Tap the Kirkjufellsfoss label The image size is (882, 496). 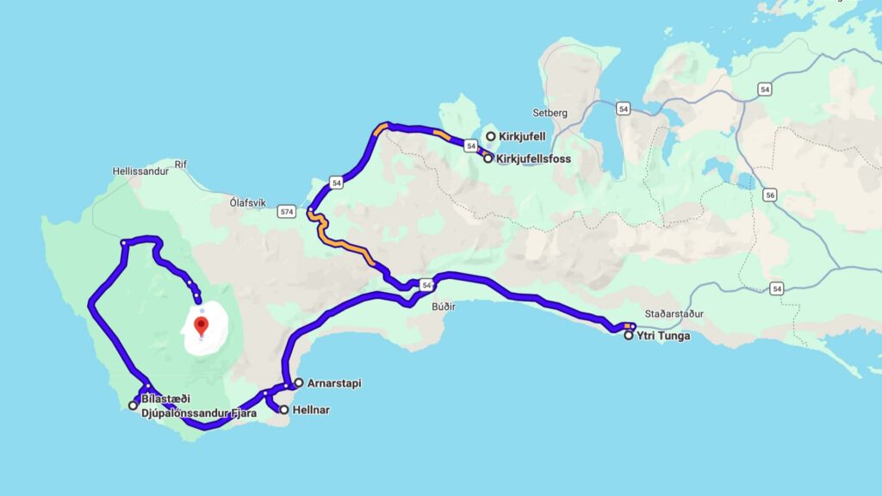(535, 159)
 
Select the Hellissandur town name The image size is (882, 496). (137, 171)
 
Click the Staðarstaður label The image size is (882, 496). (674, 314)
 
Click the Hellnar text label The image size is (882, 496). (311, 411)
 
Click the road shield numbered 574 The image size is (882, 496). (287, 211)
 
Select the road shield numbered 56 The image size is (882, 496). (769, 195)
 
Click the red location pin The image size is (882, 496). (202, 325)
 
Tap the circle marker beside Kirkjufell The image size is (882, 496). (491, 136)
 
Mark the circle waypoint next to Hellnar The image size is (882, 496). (283, 410)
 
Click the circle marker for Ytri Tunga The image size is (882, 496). (629, 336)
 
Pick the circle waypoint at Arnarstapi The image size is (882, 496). (298, 382)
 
